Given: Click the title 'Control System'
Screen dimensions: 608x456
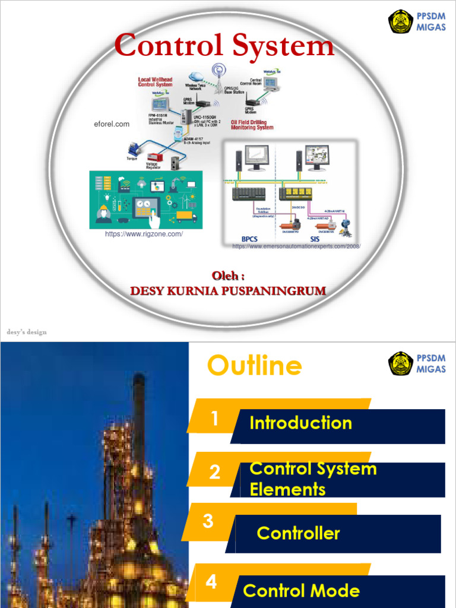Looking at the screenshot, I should [x=224, y=46].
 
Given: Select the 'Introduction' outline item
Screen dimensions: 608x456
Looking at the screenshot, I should [x=300, y=423].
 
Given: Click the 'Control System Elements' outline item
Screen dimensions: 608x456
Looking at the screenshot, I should [x=313, y=479].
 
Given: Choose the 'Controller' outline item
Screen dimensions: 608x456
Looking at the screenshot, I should [x=298, y=533].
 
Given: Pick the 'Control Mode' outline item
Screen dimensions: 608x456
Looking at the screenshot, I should [x=301, y=591].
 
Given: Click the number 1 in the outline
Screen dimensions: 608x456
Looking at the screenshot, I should [x=214, y=419].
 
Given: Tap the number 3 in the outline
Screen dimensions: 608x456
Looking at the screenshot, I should [x=208, y=521].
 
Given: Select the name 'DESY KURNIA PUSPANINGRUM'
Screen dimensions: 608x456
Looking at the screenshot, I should [x=228, y=291].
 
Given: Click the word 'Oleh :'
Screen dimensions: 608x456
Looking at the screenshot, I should [x=228, y=276].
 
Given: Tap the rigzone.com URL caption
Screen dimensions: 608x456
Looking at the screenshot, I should [x=144, y=234].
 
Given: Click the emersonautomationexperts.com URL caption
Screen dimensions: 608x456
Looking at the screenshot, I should [x=296, y=246].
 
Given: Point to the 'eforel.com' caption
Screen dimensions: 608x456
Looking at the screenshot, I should [x=112, y=124].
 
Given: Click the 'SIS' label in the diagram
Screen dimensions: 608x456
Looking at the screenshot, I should [x=315, y=237].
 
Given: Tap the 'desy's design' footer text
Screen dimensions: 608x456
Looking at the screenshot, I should [x=27, y=332].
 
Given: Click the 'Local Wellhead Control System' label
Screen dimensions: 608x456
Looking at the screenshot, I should [x=155, y=82].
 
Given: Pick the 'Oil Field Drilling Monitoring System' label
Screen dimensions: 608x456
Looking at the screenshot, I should [x=252, y=125].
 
